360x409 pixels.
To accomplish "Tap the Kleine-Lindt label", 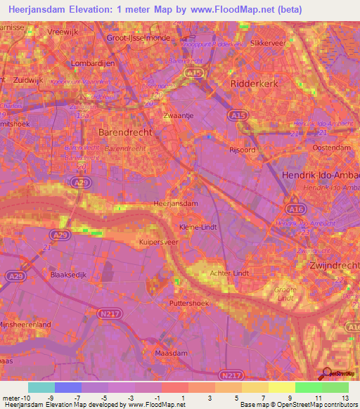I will [x=198, y=228].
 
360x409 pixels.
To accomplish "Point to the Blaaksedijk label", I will [x=67, y=275].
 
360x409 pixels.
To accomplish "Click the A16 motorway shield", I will [x=294, y=209].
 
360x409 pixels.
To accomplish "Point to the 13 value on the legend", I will [x=345, y=398].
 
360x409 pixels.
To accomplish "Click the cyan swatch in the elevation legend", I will [x=41, y=387].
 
